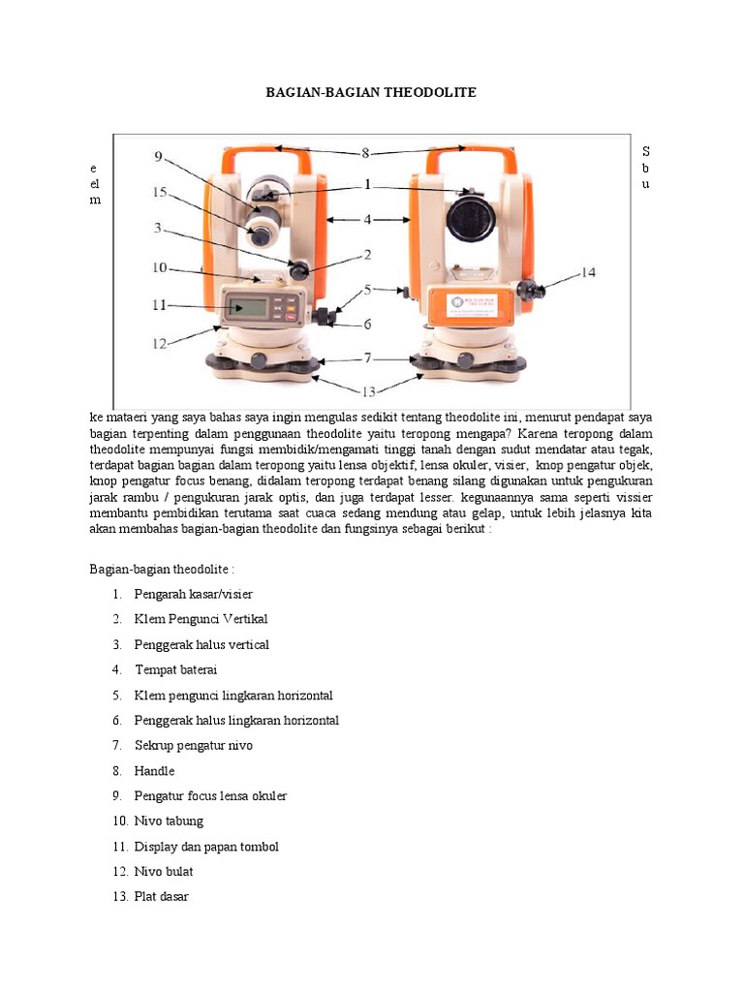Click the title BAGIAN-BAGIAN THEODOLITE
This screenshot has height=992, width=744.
coord(371,92)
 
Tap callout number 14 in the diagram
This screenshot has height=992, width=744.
coord(588,273)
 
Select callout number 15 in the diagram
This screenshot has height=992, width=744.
coord(160,193)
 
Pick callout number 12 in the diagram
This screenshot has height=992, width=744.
coord(159,342)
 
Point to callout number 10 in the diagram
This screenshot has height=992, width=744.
coord(159,267)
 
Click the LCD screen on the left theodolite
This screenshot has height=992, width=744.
coord(251,308)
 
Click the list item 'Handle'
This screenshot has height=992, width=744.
coord(154,771)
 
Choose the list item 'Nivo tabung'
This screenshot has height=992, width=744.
coord(169,821)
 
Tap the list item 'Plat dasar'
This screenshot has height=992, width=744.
coord(161,896)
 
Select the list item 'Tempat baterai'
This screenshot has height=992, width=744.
coord(176,669)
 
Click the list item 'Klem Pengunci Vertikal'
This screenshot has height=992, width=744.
coord(201,619)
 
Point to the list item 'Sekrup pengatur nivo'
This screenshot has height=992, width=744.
coord(193,745)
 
